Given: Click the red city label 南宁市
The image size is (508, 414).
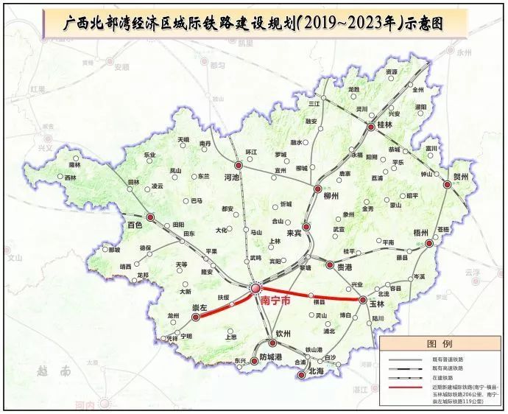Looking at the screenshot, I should [275, 301].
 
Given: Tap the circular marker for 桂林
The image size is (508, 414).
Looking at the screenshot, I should [370, 127].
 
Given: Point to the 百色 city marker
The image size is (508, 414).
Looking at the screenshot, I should [150, 217].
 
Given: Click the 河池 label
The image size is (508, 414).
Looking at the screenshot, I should [233, 178].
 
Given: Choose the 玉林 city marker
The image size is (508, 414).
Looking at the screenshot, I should [363, 300].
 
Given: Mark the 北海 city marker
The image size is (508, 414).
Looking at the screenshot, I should [300, 374].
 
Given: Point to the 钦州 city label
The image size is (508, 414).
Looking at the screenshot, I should [284, 334].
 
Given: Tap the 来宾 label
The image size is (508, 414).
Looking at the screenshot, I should [294, 233].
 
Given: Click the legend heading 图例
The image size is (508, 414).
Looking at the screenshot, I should [440, 344].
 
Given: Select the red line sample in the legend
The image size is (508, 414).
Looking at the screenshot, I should [404, 388].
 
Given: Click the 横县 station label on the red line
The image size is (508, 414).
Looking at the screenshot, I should [320, 302].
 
